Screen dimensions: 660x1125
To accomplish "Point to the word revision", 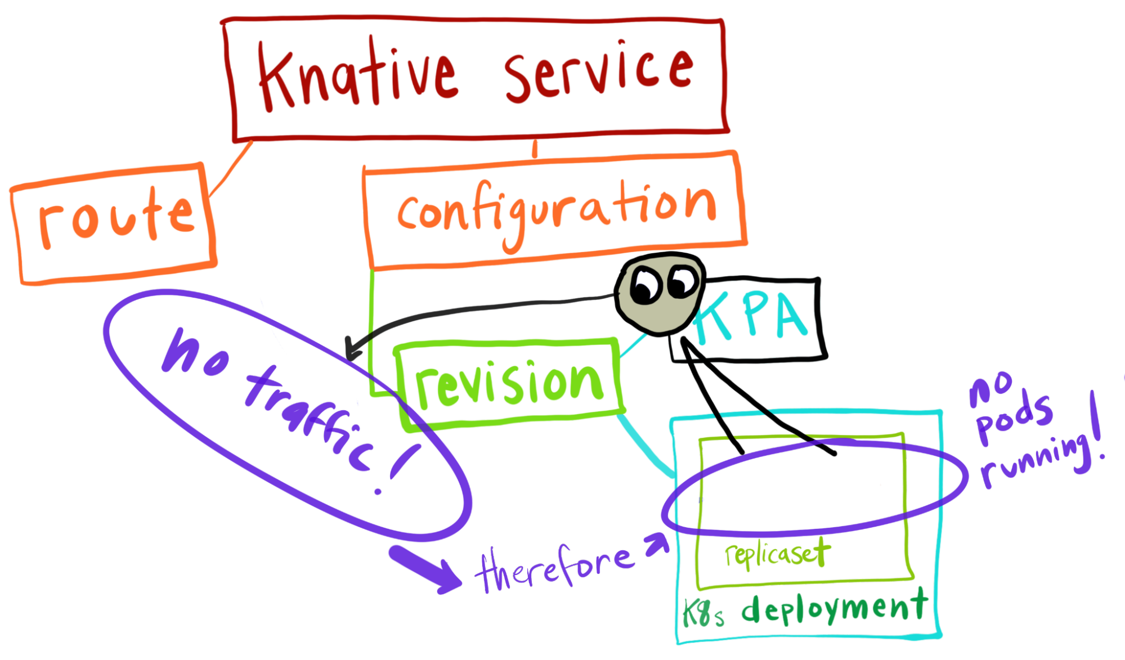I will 509,383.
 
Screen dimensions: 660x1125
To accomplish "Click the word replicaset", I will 777,554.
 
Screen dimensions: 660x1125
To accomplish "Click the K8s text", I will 703,614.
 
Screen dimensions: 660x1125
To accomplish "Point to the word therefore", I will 554,568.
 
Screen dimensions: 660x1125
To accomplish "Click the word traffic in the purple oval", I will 310,416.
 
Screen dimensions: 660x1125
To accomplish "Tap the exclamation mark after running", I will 1095,430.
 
